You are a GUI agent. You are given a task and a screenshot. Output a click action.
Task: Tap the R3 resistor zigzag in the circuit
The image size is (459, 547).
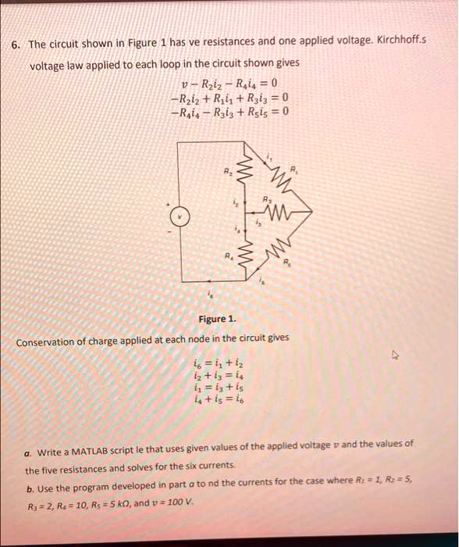(279, 209)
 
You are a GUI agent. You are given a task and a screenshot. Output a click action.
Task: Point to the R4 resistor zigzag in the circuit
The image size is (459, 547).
(249, 256)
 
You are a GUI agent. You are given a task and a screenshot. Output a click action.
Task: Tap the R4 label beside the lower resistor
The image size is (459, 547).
(227, 256)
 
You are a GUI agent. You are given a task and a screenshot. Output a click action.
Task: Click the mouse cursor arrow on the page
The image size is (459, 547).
(396, 355)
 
